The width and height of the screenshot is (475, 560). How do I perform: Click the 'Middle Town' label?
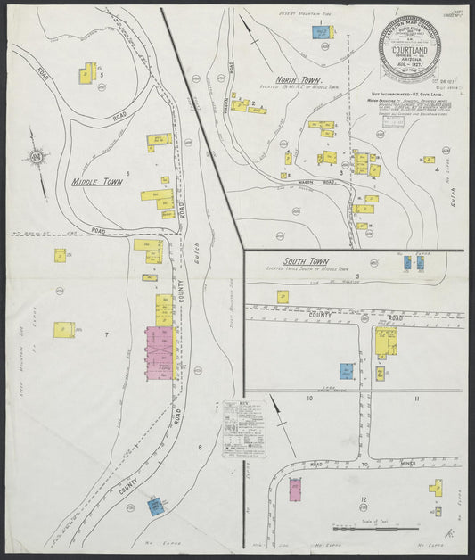click(x=96, y=182)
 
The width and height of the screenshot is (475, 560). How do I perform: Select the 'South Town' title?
click(x=306, y=262)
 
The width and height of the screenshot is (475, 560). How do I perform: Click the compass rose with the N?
click(x=37, y=159)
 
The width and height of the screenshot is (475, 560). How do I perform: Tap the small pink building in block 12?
click(x=296, y=487)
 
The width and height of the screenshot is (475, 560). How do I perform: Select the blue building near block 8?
click(x=156, y=507)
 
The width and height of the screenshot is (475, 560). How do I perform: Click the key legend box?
click(x=244, y=428)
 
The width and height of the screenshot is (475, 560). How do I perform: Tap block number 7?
click(x=106, y=334)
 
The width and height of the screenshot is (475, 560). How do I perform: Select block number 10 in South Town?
click(x=309, y=399)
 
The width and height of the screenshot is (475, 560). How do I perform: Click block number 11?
click(x=416, y=399)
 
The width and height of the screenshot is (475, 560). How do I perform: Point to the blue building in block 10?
click(x=346, y=371)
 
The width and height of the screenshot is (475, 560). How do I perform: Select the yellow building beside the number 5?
click(x=86, y=74)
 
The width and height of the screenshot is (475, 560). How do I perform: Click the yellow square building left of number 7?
click(x=63, y=330)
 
